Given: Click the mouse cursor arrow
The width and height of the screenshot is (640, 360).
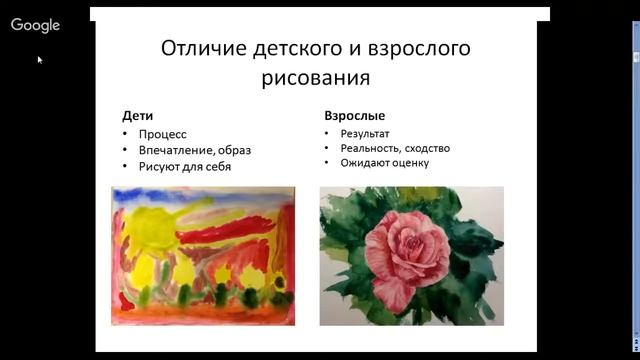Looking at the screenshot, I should pyautogui.click(x=40, y=60).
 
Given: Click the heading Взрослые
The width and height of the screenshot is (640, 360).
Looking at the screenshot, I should pyautogui.click(x=355, y=116).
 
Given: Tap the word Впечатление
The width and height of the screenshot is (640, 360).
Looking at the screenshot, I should pyautogui.click(x=172, y=150).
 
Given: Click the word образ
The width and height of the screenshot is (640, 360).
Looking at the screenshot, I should pyautogui.click(x=232, y=150).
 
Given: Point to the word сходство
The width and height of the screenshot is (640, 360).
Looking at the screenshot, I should pyautogui.click(x=427, y=148).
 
